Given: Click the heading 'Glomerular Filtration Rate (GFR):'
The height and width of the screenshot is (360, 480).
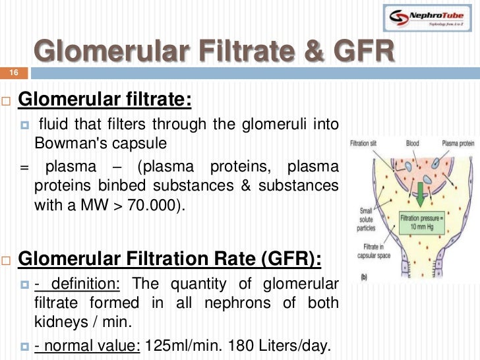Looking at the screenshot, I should tap(170, 258).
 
